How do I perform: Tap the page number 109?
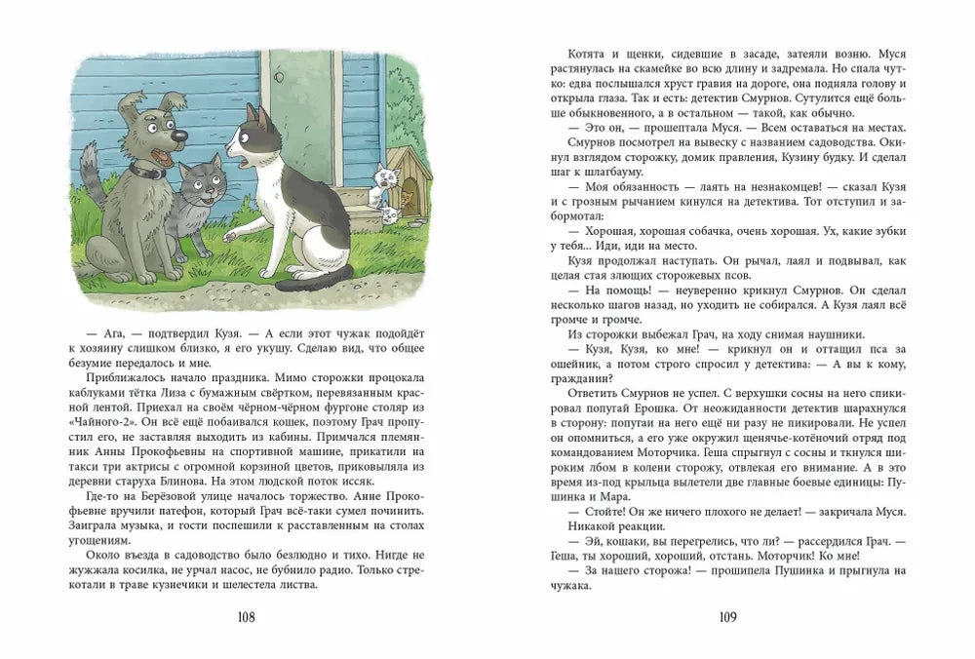click(726, 616)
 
